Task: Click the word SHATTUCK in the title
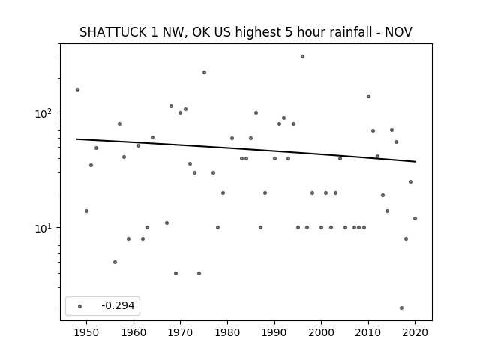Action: (x=113, y=32)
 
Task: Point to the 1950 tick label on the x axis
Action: (x=87, y=332)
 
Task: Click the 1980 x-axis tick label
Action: (x=227, y=332)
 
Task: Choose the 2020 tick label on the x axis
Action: (x=415, y=332)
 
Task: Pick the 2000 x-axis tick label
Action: (x=321, y=332)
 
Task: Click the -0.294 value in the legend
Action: (x=118, y=305)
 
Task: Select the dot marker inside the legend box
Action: (x=79, y=306)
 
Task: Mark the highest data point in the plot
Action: (x=302, y=57)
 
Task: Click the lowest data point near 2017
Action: (x=401, y=308)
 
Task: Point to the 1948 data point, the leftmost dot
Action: (x=77, y=90)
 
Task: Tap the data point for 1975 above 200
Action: (x=204, y=73)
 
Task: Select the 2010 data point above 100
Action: (x=368, y=97)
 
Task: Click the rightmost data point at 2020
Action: (x=415, y=218)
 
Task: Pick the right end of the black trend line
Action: (x=415, y=162)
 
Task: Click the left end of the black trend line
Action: (x=76, y=139)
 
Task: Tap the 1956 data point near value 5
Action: (x=115, y=262)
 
